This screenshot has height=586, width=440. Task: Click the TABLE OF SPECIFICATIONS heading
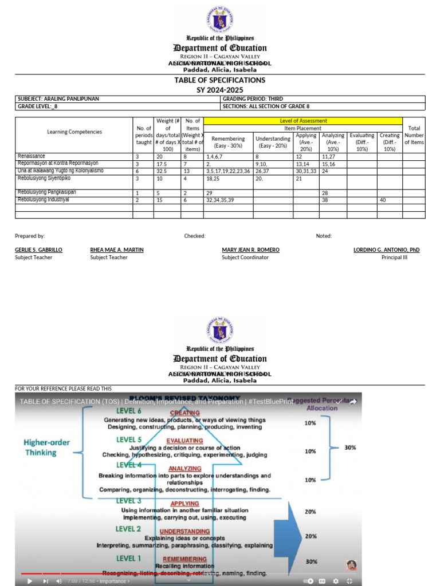(x=220, y=80)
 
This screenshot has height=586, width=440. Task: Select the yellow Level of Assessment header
(x=303, y=121)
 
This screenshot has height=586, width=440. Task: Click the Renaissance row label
(x=31, y=156)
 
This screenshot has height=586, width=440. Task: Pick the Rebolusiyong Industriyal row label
(x=43, y=200)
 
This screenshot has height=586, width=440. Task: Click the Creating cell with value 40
(x=382, y=200)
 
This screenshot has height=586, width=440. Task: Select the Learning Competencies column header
(x=74, y=132)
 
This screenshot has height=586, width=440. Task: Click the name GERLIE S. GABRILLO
(x=38, y=250)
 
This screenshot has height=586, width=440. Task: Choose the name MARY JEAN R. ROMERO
(x=250, y=250)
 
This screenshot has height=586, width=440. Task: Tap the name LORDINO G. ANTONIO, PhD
(x=386, y=250)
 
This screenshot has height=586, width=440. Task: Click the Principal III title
(x=394, y=258)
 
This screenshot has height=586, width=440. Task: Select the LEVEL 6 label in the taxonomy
(x=129, y=411)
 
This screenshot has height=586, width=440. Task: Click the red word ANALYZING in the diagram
(x=184, y=469)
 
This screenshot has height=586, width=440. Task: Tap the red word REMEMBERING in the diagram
(x=184, y=559)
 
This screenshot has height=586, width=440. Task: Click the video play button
(x=30, y=581)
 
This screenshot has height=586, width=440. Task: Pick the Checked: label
(x=195, y=236)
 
